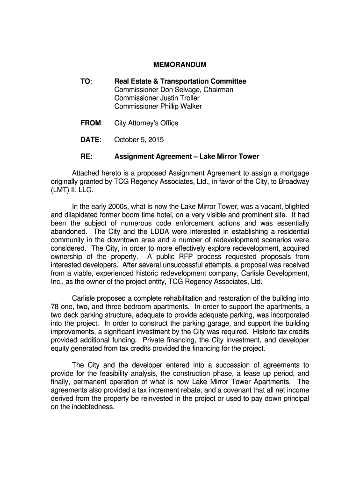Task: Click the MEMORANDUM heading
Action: tap(180, 64)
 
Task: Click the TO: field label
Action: tap(86, 81)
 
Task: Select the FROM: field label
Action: tap(91, 123)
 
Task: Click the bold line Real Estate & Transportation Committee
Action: tap(180, 81)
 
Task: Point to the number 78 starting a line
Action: tap(55, 306)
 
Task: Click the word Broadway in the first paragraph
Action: tap(291, 181)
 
